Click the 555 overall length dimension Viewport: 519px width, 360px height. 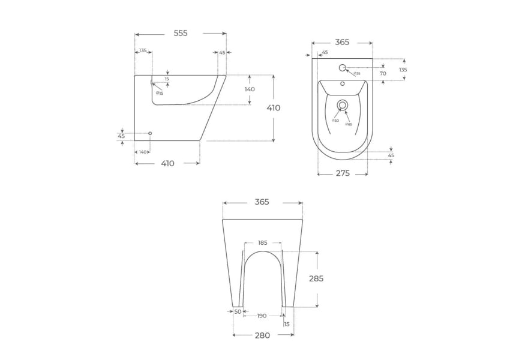(181, 34)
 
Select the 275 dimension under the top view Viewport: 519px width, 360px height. (342, 173)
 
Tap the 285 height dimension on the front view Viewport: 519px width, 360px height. (316, 278)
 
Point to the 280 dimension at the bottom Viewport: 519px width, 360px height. (262, 335)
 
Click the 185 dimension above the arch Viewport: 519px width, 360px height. (263, 243)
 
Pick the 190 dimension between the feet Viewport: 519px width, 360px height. (262, 316)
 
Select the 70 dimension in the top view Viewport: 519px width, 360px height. (383, 73)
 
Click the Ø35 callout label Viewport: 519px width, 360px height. (356, 74)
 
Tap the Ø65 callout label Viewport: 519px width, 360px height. (349, 124)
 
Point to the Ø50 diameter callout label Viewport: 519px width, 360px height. (335, 121)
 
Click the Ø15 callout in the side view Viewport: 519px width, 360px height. (160, 93)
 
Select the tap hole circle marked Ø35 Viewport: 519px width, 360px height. (343, 67)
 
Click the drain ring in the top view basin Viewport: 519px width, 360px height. (343, 105)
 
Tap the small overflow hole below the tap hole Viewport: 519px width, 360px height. (343, 84)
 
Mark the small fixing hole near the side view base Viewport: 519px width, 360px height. (150, 133)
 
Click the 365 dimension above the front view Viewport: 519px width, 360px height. (262, 202)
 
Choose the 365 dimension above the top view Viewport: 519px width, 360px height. (342, 42)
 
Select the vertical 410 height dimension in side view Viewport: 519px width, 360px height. (274, 108)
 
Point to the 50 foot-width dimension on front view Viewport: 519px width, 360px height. (238, 312)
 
